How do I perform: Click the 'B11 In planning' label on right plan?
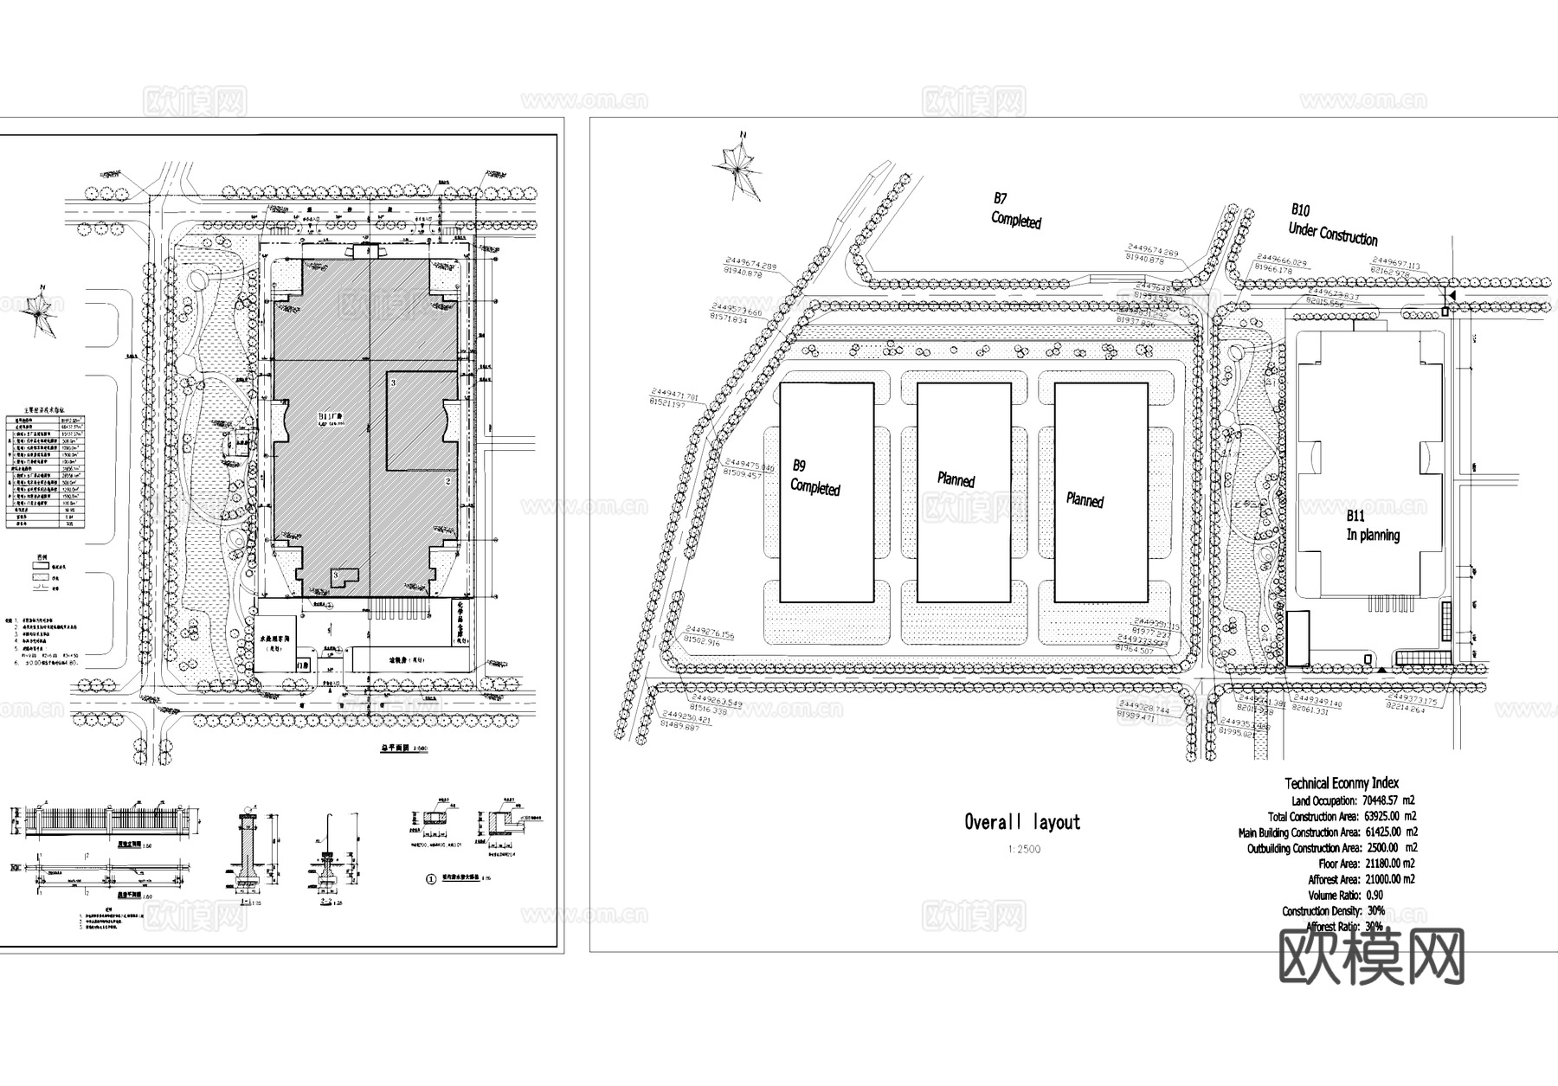coord(1372,526)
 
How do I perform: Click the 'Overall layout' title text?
coord(1022,822)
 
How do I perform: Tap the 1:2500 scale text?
coord(1023,849)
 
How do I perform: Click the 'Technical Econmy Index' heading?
coord(1341,782)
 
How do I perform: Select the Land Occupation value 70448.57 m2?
coord(1389,800)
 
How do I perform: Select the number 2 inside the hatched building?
coord(448,480)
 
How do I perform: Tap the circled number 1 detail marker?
coord(431,878)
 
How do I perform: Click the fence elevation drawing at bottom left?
coord(104,819)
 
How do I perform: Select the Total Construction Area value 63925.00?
coord(1389,816)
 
